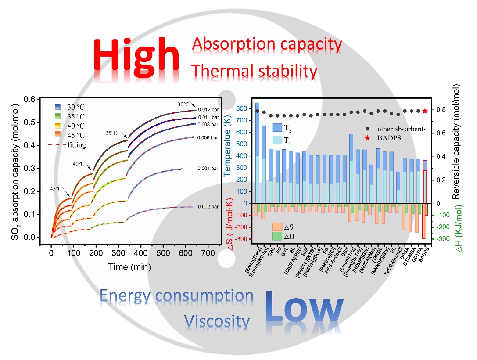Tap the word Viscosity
(217, 321)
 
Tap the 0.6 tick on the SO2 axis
(39, 100)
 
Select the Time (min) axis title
(130, 266)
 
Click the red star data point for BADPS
(425, 111)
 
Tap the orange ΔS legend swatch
(277, 227)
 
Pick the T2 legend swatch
(277, 128)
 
